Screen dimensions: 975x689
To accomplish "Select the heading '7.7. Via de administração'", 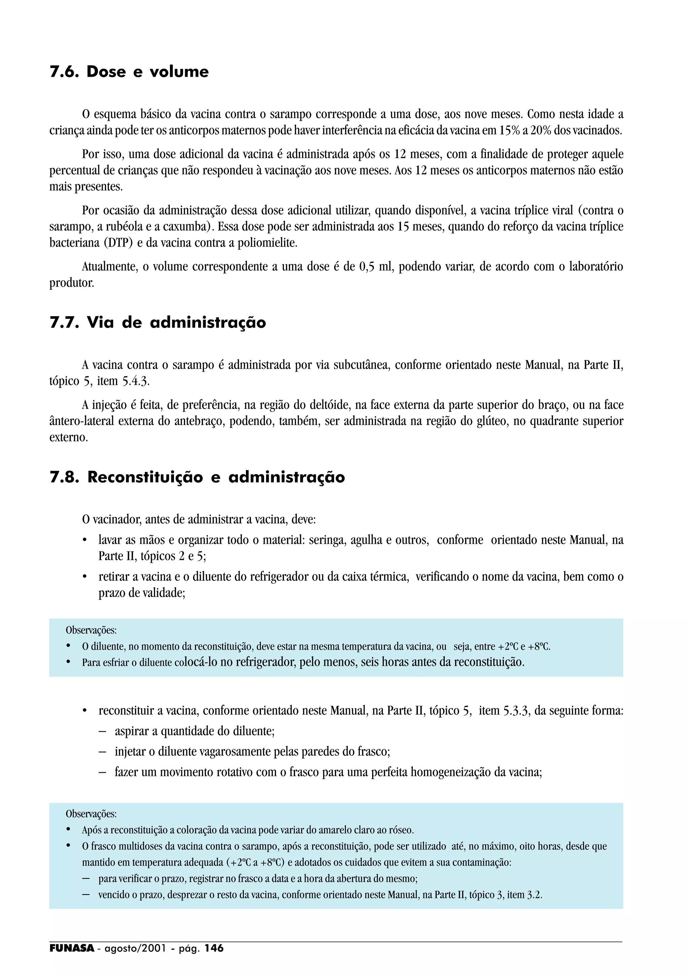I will tap(157, 323).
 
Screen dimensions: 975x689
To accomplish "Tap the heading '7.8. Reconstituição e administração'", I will tap(197, 477).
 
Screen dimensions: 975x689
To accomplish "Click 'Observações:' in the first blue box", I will tap(91, 630).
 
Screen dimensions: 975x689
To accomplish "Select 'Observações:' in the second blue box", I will tap(91, 814).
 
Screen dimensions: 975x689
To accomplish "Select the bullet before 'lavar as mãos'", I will tap(85, 541).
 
